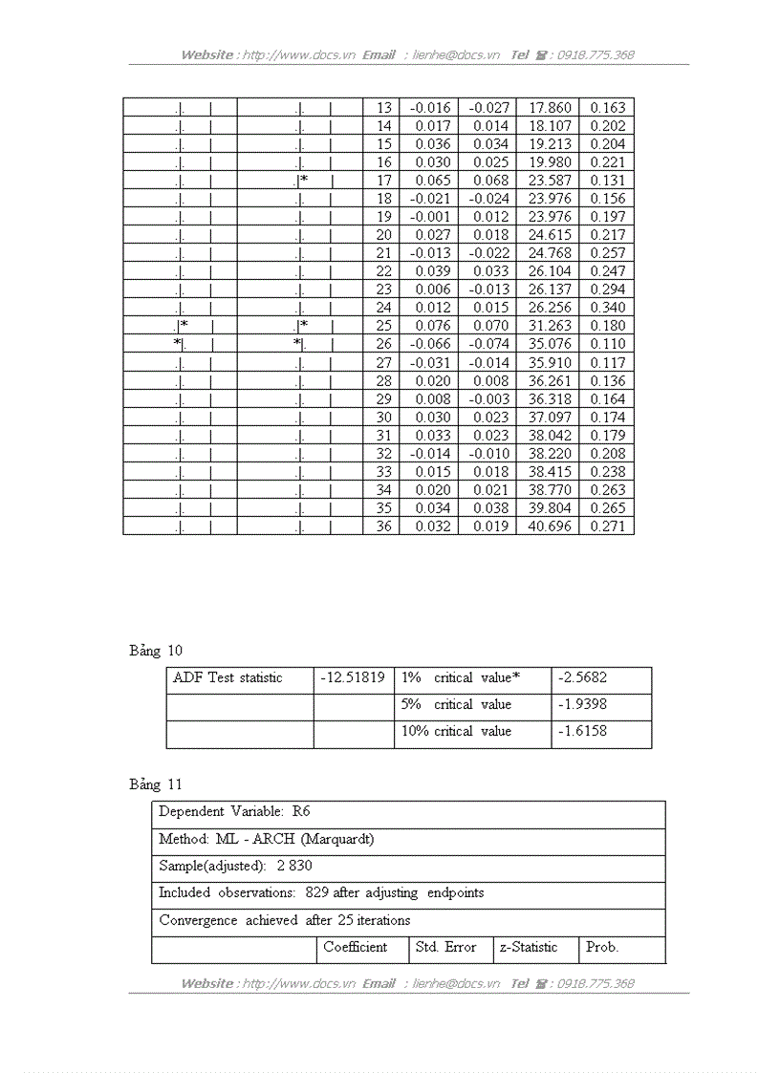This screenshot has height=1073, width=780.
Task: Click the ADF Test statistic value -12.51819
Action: [x=353, y=677]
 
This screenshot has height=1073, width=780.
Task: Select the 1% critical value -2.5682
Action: [x=582, y=677]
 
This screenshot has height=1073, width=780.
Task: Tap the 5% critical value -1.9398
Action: [x=582, y=704]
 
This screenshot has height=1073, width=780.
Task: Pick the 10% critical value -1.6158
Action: [x=582, y=731]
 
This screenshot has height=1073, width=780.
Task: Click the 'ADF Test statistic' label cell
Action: [x=227, y=677]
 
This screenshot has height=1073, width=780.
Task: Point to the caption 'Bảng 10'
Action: [x=156, y=651]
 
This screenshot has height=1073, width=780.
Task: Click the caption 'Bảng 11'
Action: [x=156, y=784]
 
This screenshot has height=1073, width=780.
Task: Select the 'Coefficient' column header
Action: [x=355, y=947]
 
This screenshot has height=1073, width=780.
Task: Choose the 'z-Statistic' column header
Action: [x=527, y=947]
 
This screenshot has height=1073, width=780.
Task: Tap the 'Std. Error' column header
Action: [x=445, y=947]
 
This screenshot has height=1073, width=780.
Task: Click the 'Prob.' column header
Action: [x=602, y=947]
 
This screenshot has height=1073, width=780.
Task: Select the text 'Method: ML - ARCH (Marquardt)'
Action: [x=266, y=839]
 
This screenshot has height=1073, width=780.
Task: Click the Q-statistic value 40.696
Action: [x=549, y=526]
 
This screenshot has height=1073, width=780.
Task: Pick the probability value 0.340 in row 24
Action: [x=607, y=308]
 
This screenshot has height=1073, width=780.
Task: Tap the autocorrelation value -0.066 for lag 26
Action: [x=429, y=344]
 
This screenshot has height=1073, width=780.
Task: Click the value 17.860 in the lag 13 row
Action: [x=549, y=108]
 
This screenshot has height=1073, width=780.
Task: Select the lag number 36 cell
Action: [x=383, y=526]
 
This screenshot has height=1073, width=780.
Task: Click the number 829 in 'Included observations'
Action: [x=317, y=892]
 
